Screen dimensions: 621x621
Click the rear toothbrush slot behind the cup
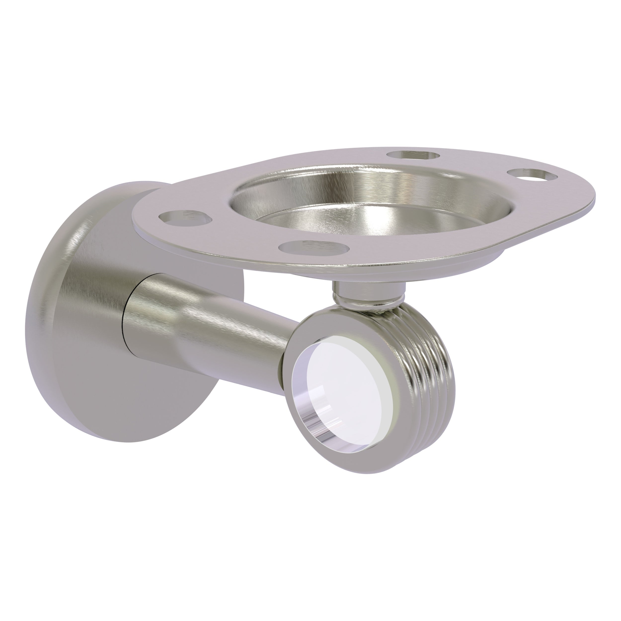coord(413,155)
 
